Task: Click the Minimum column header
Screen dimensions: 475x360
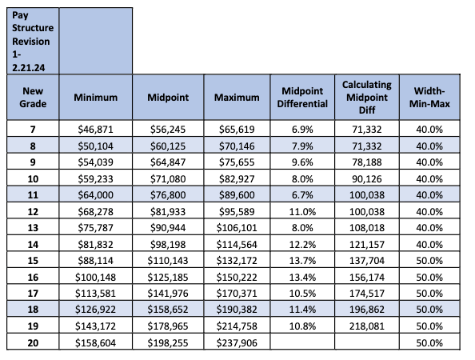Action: pos(95,98)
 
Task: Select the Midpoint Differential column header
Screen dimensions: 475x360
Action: pos(302,98)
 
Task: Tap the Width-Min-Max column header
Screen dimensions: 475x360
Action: pos(429,98)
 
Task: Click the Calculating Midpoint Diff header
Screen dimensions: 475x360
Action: pos(366,98)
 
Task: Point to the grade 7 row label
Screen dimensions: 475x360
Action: pos(33,130)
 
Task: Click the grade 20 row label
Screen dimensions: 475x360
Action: pos(33,342)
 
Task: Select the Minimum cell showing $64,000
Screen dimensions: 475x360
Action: pos(95,195)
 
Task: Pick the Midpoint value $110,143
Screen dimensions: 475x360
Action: pos(168,261)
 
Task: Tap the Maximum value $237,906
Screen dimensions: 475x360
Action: pos(237,342)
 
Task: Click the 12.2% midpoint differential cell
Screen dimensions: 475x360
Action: pos(302,244)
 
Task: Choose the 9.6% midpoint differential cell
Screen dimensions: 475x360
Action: pos(302,162)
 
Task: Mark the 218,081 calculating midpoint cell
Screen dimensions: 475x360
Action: pos(366,326)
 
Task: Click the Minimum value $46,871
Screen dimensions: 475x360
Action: pos(95,130)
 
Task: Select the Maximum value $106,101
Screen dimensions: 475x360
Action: pos(237,227)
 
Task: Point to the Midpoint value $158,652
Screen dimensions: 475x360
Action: pos(168,310)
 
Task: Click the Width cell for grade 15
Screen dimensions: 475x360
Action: pos(429,261)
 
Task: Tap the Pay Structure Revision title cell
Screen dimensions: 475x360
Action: pos(33,42)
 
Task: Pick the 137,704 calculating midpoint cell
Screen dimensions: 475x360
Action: pos(366,261)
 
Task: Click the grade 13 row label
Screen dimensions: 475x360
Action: pos(33,227)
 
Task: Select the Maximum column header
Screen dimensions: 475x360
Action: pos(237,98)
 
